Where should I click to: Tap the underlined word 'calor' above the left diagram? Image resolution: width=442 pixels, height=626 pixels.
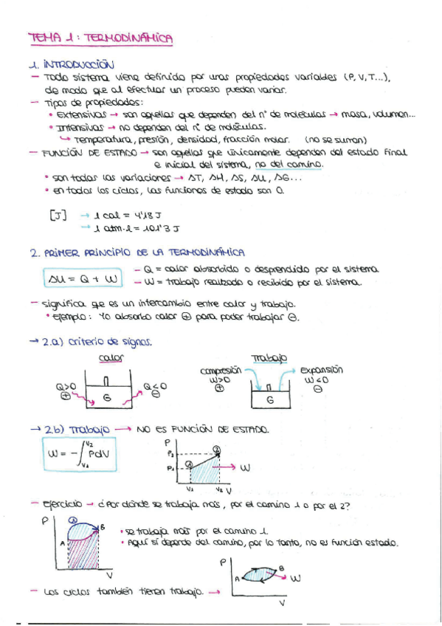[111, 359]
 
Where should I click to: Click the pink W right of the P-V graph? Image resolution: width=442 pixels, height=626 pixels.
[246, 467]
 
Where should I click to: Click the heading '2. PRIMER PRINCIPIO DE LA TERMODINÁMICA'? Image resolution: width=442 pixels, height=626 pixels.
[138, 252]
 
